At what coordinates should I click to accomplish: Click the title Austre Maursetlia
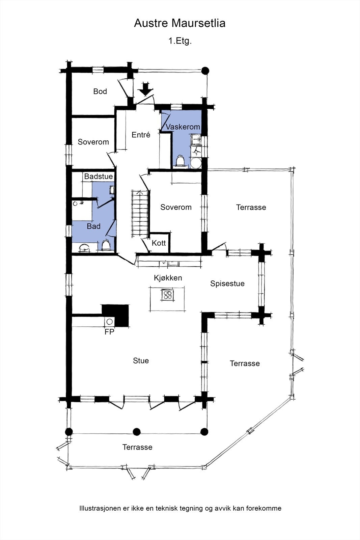[180, 23]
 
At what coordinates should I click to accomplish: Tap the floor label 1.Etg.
[180, 41]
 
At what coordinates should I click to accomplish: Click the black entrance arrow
[145, 89]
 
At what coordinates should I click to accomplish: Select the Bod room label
[100, 91]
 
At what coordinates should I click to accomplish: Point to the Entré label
[141, 135]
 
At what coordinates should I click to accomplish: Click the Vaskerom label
[183, 127]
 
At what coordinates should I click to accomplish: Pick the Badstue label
[98, 177]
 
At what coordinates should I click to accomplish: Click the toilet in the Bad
[106, 245]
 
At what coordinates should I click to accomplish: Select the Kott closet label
[159, 243]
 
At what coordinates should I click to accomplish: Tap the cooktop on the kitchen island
[167, 295]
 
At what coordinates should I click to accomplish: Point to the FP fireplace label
[109, 332]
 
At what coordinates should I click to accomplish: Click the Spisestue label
[227, 283]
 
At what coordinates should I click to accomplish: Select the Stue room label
[141, 361]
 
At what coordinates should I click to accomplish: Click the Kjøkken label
[168, 278]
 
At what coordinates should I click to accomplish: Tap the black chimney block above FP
[115, 316]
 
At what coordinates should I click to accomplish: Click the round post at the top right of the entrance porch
[205, 71]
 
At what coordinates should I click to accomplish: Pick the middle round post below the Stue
[137, 432]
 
